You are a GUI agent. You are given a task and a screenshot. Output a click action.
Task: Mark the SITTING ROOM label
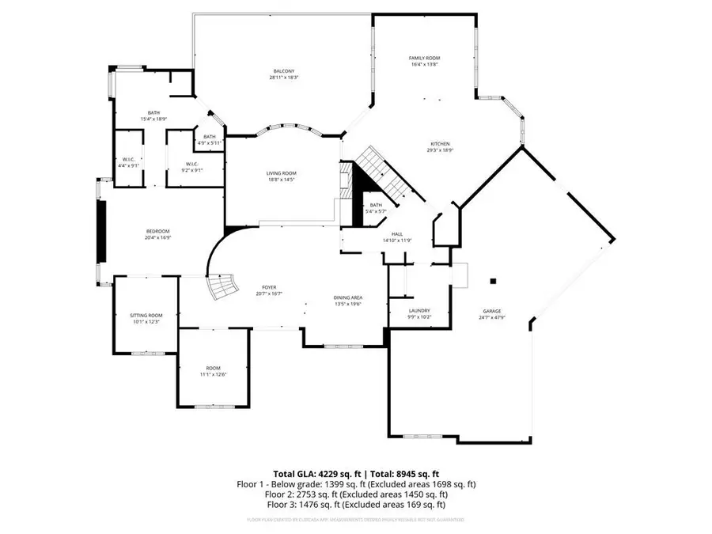[146, 318]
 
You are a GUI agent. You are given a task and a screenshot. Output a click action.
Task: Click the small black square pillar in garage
[492, 280]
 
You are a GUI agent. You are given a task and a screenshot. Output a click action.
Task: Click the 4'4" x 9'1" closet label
[128, 162]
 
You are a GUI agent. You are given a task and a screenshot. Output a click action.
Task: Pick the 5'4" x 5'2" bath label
[376, 208]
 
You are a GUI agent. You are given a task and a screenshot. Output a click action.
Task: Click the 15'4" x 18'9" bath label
[153, 116]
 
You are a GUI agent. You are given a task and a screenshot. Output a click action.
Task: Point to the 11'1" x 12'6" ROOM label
[214, 371]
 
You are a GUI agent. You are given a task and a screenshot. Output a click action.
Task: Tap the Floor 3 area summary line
[356, 504]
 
